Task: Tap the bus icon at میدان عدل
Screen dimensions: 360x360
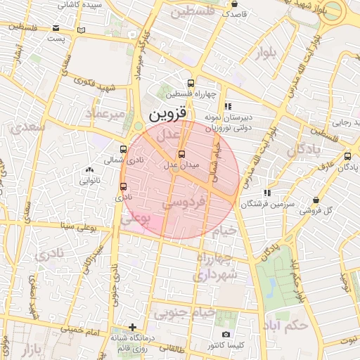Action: (182, 154)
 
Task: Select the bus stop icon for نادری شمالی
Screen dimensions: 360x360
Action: (124, 149)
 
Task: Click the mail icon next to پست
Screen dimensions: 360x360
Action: (56, 29)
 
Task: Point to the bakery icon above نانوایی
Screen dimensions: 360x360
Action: (89, 169)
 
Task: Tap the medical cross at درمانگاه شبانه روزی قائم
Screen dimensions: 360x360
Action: (132, 327)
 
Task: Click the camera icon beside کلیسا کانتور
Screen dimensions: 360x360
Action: (225, 335)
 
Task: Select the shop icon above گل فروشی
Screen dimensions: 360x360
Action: (316, 200)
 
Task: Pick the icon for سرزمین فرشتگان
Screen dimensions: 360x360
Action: (266, 192)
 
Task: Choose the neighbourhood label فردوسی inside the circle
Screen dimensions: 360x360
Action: (184, 202)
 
